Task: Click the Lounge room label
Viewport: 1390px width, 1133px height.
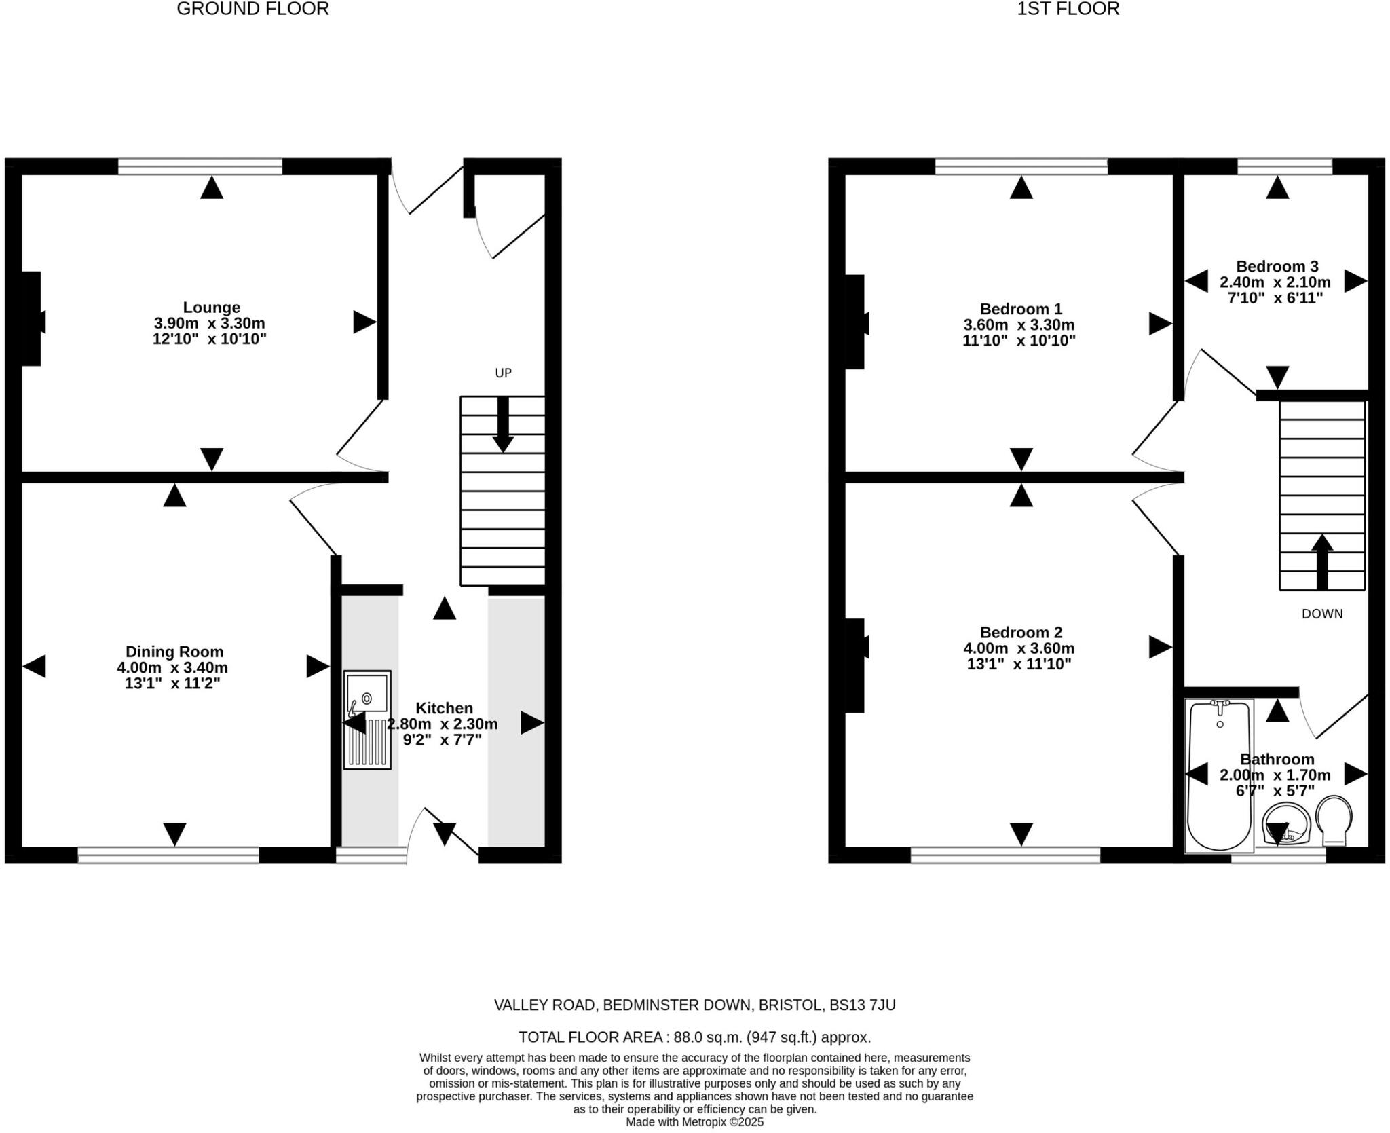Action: click(x=211, y=308)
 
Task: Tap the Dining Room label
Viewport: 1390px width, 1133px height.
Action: click(x=174, y=652)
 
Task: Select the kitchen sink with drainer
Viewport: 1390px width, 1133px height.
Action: click(x=367, y=720)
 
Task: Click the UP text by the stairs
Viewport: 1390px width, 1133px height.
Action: click(x=503, y=373)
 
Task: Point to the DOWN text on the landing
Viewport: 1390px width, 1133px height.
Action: click(x=1321, y=614)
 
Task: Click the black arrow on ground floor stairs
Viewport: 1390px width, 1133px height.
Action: click(x=503, y=424)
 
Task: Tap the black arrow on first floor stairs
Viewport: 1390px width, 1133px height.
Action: click(x=1321, y=562)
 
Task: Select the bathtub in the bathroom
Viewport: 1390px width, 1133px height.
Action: click(x=1220, y=775)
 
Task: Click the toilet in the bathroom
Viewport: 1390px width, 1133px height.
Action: click(x=1334, y=820)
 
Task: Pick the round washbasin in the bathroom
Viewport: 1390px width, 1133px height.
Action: click(x=1285, y=823)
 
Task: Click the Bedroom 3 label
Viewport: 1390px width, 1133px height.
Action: click(x=1277, y=266)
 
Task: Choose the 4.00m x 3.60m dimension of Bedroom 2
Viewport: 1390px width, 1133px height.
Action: click(x=1019, y=648)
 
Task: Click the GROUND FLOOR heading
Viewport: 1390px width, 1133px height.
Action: click(x=252, y=9)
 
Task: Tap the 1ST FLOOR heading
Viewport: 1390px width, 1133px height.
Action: click(x=1068, y=9)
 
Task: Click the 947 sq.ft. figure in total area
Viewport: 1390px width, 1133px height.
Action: click(x=784, y=1037)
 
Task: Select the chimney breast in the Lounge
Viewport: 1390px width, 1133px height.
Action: click(x=31, y=319)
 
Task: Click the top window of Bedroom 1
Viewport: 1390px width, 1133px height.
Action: click(x=1021, y=166)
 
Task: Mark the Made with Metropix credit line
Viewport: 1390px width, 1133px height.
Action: click(x=694, y=1122)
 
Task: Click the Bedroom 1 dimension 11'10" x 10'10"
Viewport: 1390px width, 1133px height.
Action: click(x=1019, y=341)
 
